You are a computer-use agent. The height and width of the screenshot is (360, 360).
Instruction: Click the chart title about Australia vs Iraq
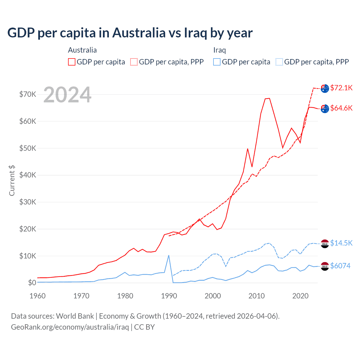(130, 33)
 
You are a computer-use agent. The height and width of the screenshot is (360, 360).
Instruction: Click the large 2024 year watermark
(67, 95)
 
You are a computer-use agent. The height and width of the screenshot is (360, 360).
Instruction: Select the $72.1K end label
(341, 88)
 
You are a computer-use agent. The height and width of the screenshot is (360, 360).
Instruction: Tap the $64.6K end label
(341, 108)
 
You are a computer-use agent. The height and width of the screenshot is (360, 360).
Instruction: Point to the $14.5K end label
(341, 243)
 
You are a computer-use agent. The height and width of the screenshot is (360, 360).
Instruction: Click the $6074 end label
(340, 266)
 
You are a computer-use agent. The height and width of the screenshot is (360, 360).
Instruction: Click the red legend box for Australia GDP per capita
(72, 62)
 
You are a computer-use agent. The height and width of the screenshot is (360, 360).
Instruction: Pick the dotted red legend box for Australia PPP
(134, 62)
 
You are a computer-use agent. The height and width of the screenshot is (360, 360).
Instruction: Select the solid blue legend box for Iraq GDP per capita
(217, 62)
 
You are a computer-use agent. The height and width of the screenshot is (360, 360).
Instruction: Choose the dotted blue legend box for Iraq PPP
(279, 62)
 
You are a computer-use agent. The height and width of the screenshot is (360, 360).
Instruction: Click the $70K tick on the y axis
(28, 94)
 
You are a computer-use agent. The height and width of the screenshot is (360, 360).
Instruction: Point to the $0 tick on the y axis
(32, 283)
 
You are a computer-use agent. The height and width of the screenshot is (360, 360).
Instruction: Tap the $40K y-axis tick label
(28, 175)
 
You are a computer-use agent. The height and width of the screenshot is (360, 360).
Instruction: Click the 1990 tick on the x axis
(169, 296)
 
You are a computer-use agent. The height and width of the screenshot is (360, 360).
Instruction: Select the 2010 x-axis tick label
(256, 296)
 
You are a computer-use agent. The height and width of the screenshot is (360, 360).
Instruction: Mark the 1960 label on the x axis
(37, 296)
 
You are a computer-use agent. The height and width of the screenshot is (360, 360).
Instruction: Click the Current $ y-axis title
(12, 181)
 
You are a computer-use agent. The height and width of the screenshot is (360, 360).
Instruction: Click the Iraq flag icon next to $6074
(325, 266)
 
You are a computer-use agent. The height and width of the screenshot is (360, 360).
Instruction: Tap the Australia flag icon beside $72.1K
(325, 88)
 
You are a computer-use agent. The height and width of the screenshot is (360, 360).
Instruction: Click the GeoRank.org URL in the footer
(70, 327)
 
